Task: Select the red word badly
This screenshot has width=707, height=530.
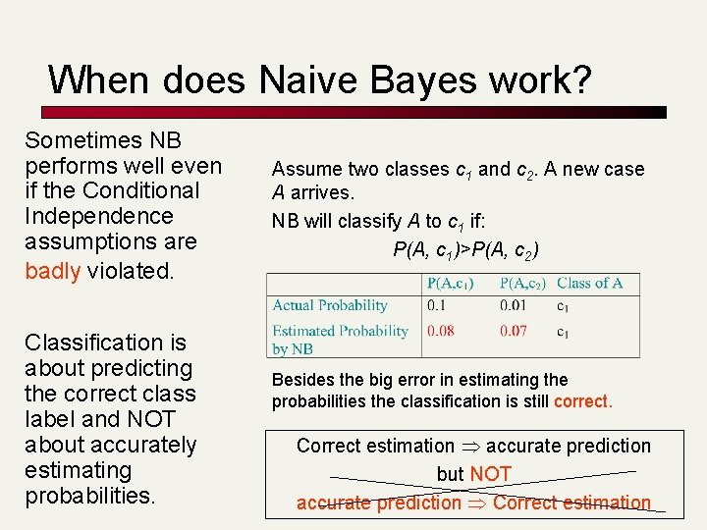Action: pos(52,270)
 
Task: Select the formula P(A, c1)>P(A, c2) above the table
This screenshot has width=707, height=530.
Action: pos(465,249)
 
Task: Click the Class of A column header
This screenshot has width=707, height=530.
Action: pos(589,283)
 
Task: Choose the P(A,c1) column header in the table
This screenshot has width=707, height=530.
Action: pos(450,283)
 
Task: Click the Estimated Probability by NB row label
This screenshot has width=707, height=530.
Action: pos(339,339)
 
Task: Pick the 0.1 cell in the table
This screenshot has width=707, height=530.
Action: pos(436,305)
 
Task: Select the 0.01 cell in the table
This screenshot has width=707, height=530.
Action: pos(513,305)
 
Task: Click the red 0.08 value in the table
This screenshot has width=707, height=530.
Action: pos(440,331)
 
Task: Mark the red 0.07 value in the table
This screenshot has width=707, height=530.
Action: pos(513,331)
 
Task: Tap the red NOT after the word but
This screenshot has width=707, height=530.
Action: pos(490,474)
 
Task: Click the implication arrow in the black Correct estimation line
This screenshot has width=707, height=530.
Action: pos(469,447)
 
